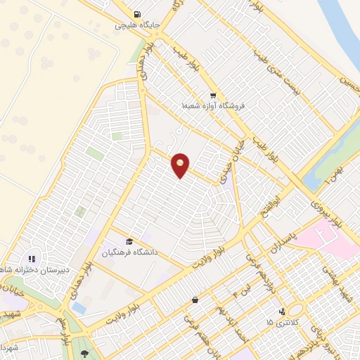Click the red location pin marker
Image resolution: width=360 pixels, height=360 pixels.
point(181,165)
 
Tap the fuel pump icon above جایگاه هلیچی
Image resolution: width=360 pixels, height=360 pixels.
point(136,13)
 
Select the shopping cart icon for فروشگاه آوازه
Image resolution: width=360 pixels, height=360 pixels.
point(212,95)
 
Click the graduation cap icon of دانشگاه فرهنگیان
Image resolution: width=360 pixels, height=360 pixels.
point(129,241)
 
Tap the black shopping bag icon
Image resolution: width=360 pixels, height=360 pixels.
point(194,300)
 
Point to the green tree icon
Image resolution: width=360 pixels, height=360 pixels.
point(86,353)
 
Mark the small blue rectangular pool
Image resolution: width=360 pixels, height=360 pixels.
point(78,308)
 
